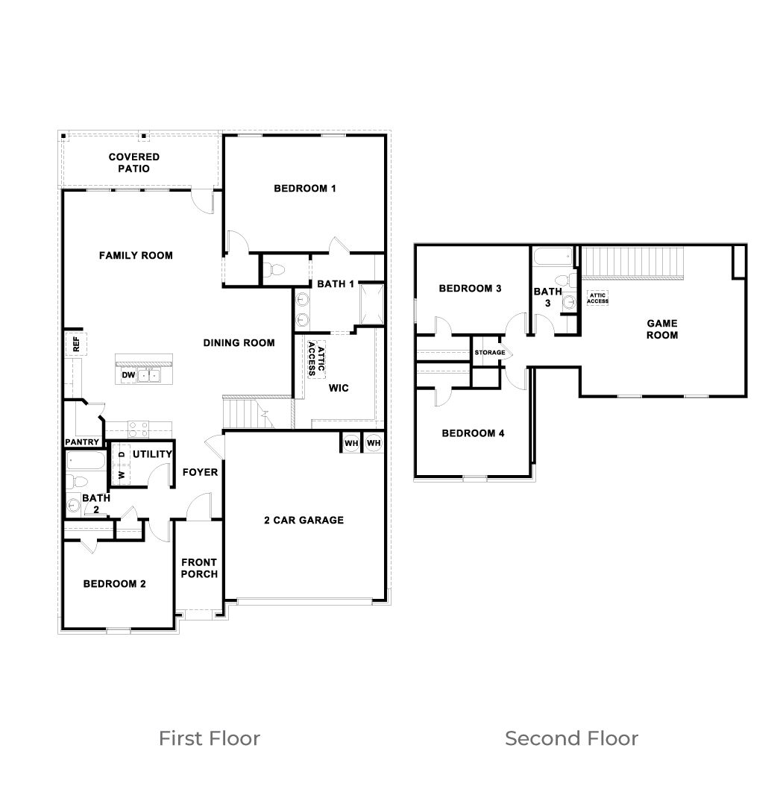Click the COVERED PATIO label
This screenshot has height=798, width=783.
coord(133,163)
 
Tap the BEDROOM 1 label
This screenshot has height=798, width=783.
coord(304,189)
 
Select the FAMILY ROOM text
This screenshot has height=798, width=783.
coord(136,256)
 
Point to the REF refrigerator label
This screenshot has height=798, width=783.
coord(75,344)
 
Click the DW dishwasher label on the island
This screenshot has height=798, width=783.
coord(128,375)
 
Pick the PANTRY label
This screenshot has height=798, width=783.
coord(82,442)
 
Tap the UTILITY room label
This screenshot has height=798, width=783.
coord(152,454)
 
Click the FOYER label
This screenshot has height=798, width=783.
coord(200,472)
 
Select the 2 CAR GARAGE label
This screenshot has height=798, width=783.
coord(304,520)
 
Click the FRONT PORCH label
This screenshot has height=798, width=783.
coord(199,568)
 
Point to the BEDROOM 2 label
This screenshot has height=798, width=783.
coord(114,584)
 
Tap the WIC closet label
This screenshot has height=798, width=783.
coord(339,389)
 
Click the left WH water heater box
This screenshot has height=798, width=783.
coord(350,443)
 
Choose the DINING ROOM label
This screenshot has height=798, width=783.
coord(239,343)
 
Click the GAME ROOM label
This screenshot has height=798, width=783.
coord(661,329)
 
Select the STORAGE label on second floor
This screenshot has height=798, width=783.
coord(490,353)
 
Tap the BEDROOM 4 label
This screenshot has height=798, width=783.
coord(473,433)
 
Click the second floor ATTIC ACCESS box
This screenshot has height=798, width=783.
coord(597,298)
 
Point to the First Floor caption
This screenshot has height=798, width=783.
coord(210,738)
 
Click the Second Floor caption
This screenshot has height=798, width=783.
coord(571,738)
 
